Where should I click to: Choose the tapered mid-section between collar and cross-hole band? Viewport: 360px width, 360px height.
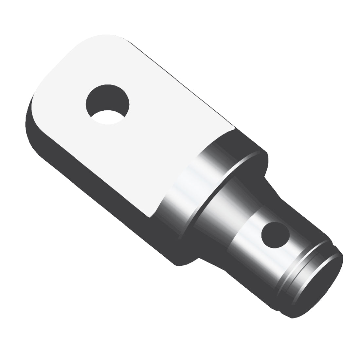pyautogui.click(x=229, y=209)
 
